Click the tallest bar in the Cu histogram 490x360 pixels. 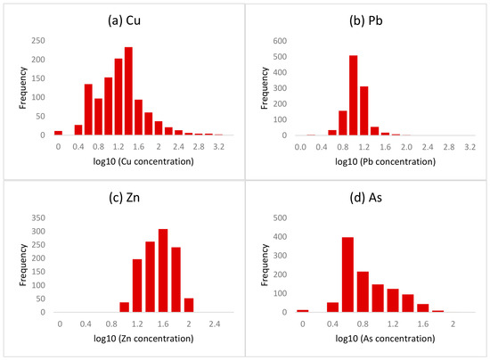coord(128,91)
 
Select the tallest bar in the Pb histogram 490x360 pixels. coord(354,95)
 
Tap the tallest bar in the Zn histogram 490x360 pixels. coord(163,270)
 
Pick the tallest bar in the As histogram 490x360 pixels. coord(347,274)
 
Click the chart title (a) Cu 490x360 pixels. coord(125,20)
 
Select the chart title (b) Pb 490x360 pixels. coord(366,20)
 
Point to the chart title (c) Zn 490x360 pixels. coord(125,198)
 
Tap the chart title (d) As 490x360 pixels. coord(366,198)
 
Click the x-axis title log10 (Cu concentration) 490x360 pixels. coord(143,161)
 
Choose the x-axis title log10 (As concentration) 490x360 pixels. coord(385,339)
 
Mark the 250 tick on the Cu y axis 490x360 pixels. coord(38,41)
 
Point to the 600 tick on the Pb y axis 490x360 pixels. coord(280,41)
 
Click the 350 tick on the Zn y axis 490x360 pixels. coord(38,217)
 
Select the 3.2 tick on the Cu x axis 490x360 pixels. coord(219,146)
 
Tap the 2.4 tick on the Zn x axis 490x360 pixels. coord(215,323)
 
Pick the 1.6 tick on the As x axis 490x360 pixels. coord(423,323)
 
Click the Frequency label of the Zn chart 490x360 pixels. coord(22,265)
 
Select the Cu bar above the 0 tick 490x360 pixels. coord(59,133)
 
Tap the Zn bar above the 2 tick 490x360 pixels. coord(189,305)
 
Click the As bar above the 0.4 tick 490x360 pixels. coord(333,307)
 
